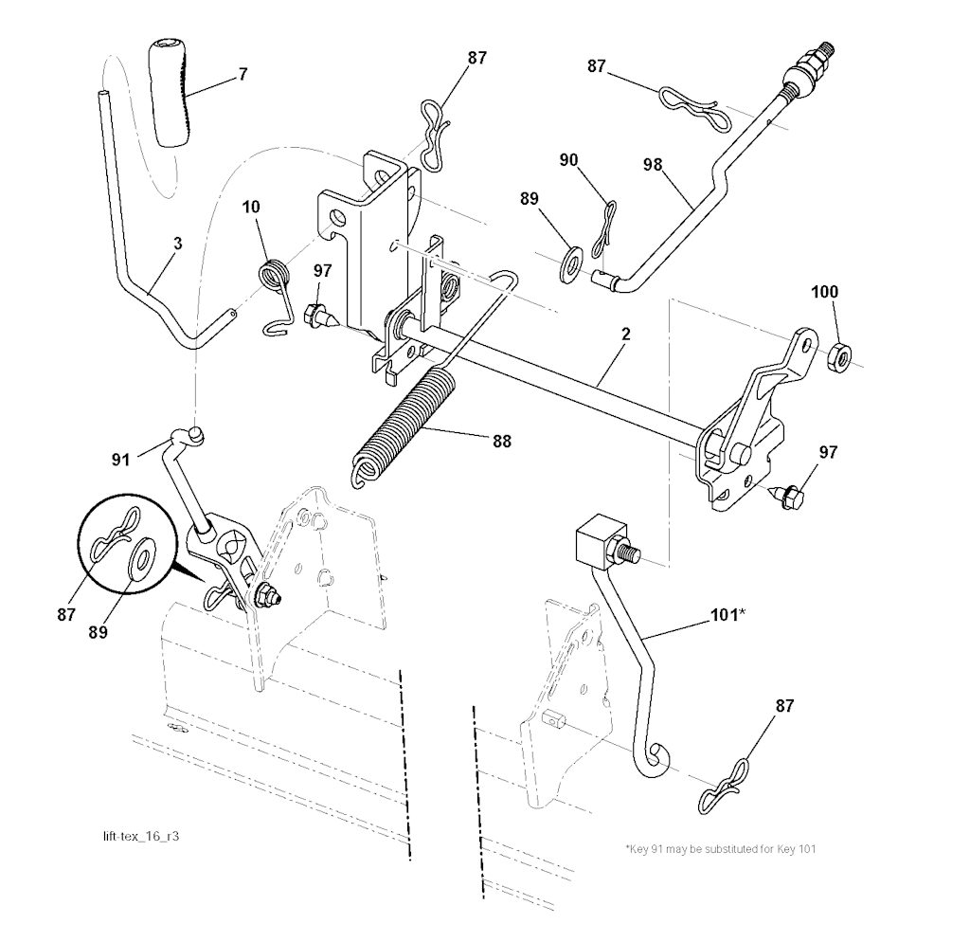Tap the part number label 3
tap(178, 244)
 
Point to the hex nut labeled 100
tap(838, 357)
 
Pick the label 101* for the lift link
tap(727, 614)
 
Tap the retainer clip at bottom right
tap(726, 784)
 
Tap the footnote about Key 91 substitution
tap(720, 848)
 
